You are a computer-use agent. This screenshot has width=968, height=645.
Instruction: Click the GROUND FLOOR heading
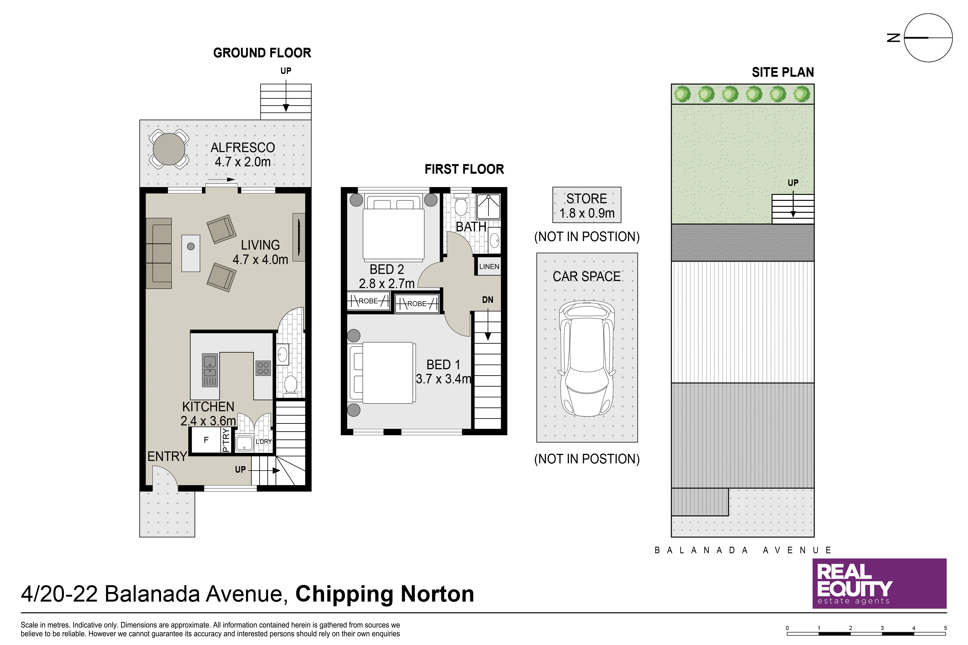[262, 53]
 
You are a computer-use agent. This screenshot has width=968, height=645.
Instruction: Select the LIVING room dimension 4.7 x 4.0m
[260, 260]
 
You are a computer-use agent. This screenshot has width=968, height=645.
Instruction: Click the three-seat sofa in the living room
[159, 253]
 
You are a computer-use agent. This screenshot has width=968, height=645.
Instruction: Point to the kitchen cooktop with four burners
[263, 368]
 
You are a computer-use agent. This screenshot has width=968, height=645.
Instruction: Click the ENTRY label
[167, 456]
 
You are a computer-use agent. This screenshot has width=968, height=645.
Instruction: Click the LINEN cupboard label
[489, 267]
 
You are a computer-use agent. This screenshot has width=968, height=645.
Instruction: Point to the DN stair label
[488, 300]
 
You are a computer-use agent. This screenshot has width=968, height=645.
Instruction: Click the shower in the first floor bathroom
[489, 206]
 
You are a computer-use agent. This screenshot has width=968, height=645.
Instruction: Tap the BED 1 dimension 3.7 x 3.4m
[443, 379]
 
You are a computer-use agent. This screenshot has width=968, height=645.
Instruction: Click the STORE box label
[587, 199]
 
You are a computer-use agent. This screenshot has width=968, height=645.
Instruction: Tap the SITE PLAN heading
[783, 72]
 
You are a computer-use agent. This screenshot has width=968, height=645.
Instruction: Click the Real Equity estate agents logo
[879, 583]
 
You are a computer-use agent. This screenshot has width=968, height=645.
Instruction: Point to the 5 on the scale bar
[945, 628]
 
